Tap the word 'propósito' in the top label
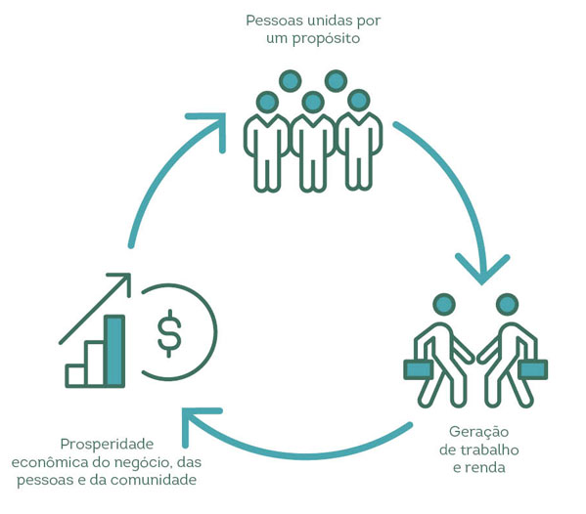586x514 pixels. (x=326, y=39)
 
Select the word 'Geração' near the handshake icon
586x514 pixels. (x=478, y=433)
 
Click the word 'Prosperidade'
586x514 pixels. (x=107, y=445)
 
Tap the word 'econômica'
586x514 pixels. (x=50, y=462)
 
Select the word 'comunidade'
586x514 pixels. (x=154, y=480)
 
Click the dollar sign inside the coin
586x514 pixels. (x=169, y=333)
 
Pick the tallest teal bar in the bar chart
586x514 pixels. (x=114, y=351)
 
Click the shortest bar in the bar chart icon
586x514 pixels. (x=76, y=375)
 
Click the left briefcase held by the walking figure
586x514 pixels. (x=418, y=369)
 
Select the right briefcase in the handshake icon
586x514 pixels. (x=533, y=369)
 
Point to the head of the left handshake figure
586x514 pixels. (x=444, y=304)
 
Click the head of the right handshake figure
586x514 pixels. (x=507, y=304)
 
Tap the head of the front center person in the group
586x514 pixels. (x=313, y=102)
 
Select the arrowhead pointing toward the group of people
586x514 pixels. (x=213, y=127)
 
